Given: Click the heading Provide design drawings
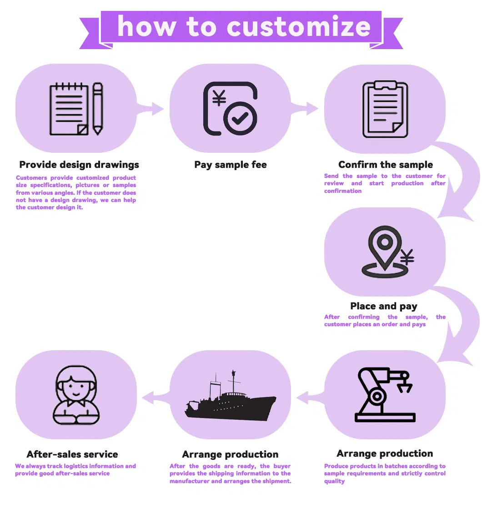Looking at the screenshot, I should [79, 165].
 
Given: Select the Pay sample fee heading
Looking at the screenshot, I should [231, 165].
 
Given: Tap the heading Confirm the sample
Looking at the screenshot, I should [386, 165].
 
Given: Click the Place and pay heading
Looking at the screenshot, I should [384, 306].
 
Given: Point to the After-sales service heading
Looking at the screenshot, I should [72, 454].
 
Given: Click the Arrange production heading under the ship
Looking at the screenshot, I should [230, 454].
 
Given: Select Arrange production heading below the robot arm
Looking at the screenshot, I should [385, 453].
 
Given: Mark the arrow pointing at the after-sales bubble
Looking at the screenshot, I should [151, 398].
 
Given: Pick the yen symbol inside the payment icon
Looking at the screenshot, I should [219, 98].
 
